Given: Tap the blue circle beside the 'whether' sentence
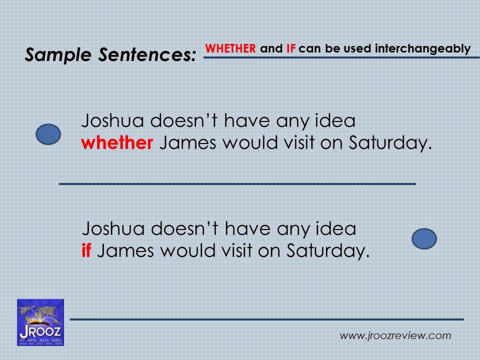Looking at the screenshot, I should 49,134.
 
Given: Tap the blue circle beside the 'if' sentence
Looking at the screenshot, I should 424,238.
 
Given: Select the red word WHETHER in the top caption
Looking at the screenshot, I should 231,49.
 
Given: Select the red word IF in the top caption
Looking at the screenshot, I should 291,49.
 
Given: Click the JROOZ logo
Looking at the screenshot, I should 40,322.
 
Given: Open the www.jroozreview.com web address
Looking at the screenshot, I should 395,335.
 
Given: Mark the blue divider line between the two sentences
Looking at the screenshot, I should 237,184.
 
